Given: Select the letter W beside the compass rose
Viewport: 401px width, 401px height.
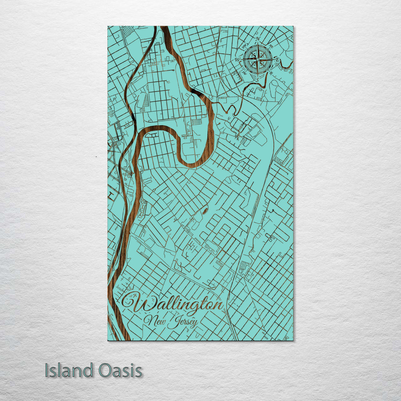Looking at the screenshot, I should coord(237,59).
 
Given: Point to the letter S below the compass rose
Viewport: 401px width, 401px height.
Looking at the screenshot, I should coord(257,79).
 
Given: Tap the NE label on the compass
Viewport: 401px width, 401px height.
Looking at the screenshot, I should coord(271,46).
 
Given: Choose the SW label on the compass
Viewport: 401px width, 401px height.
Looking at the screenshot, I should coord(244,72).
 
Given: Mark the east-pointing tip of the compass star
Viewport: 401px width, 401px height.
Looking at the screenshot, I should coord(273,59).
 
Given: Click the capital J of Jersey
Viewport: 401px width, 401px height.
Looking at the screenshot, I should coord(172,322).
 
